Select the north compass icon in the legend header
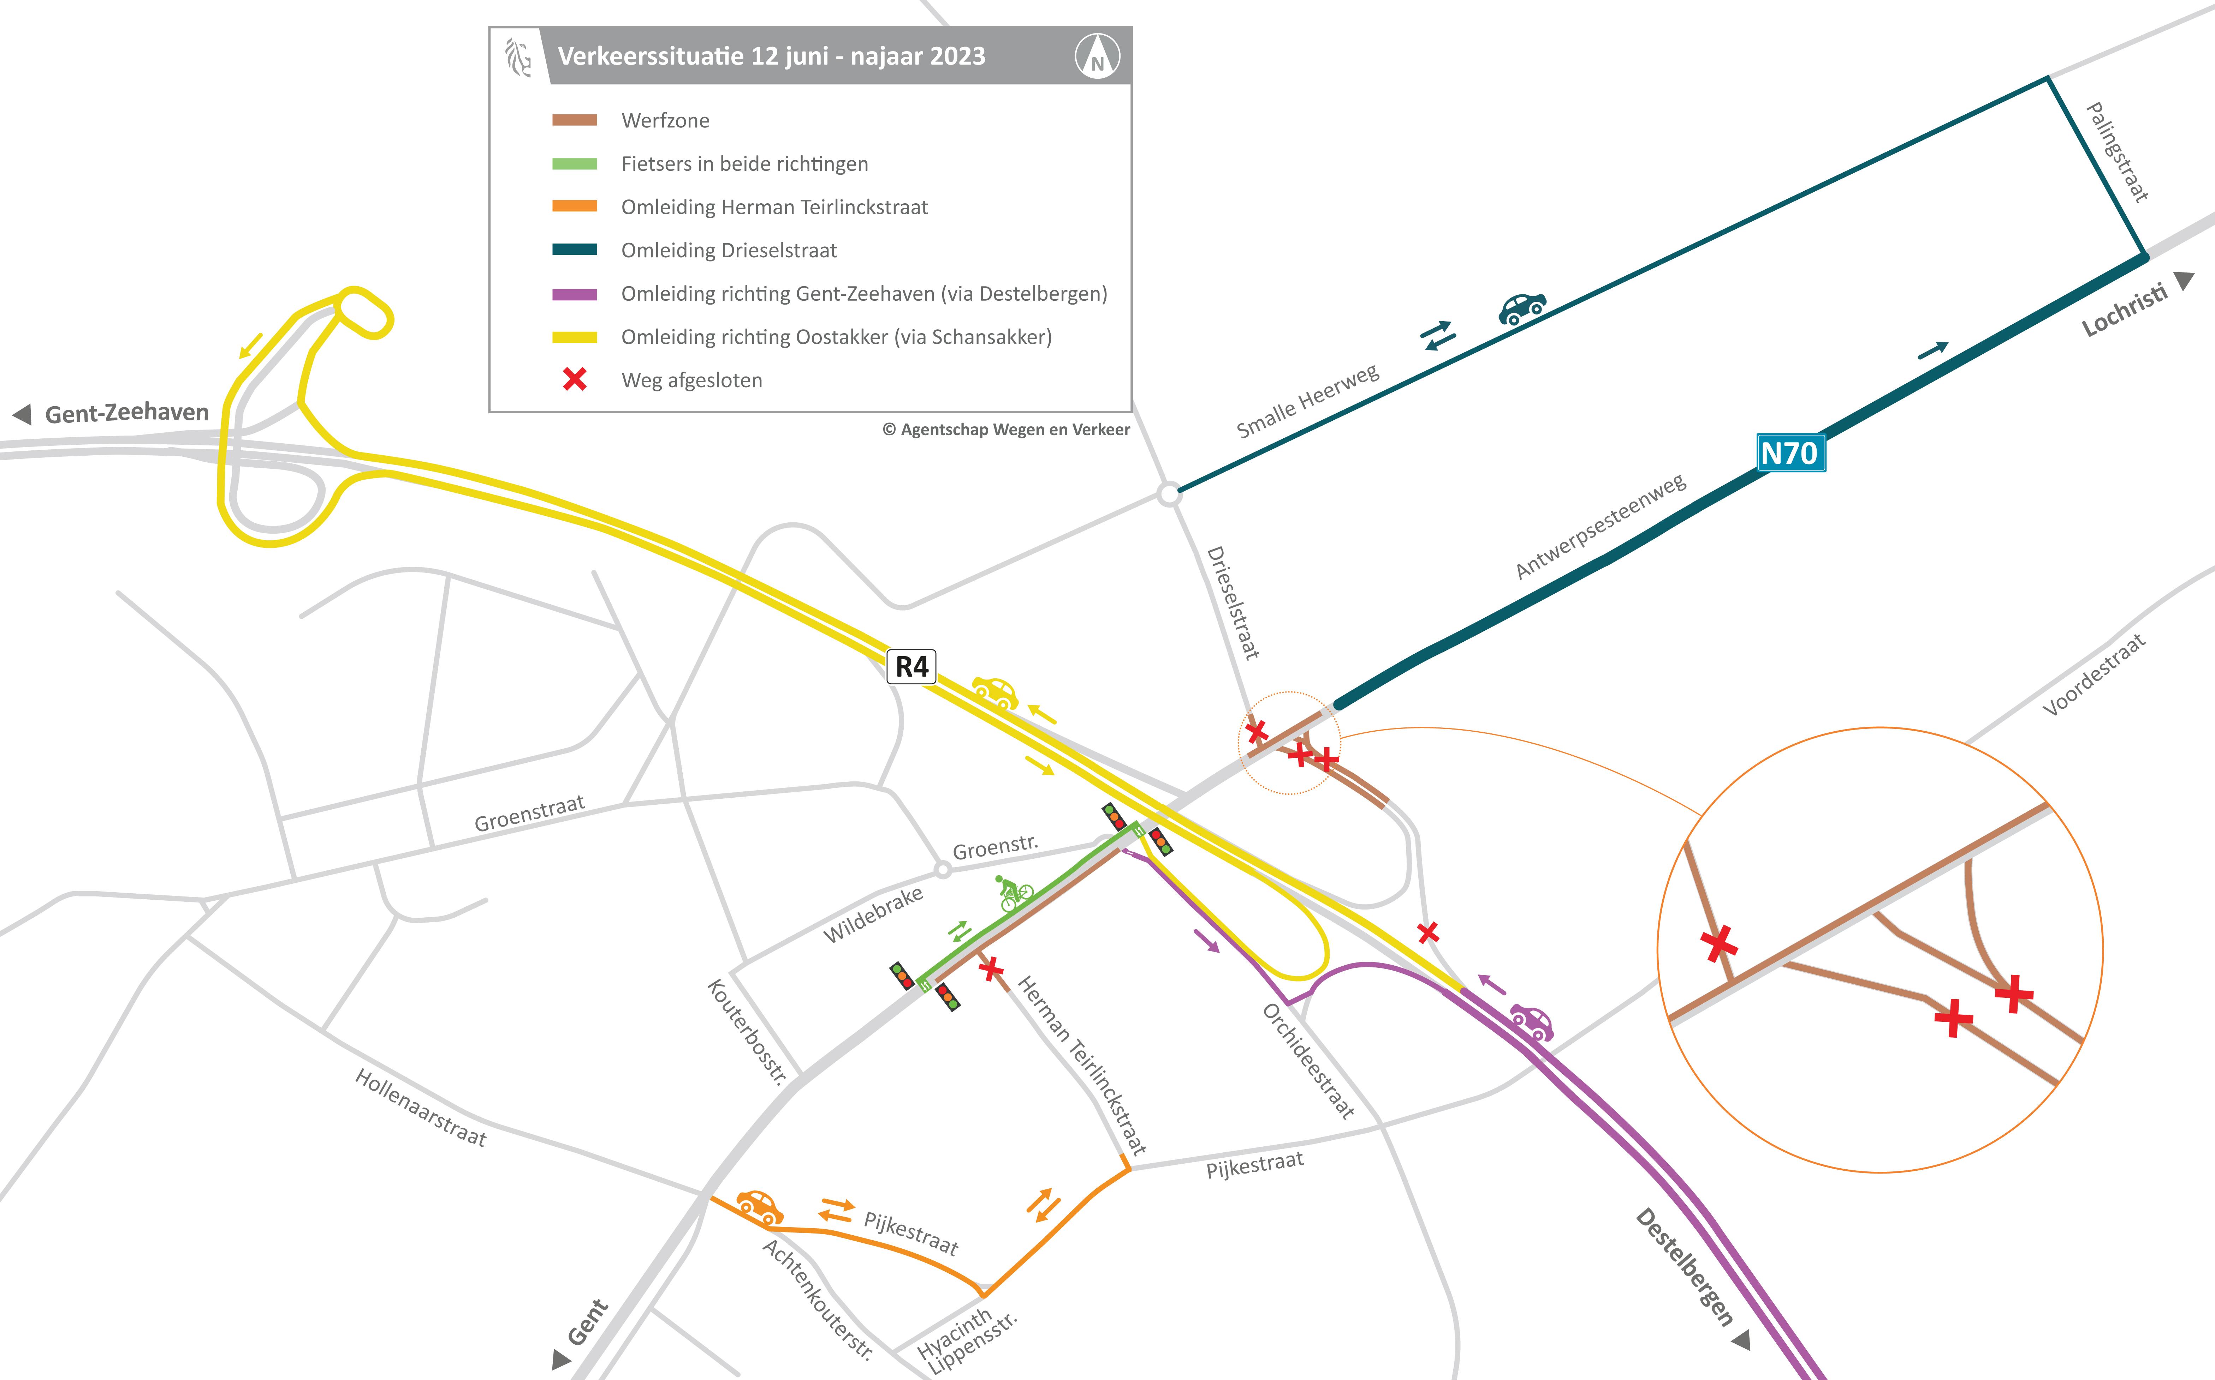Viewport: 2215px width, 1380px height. click(1097, 56)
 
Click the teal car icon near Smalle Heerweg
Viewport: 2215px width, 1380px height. click(1522, 308)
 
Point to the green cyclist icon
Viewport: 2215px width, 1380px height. click(1014, 893)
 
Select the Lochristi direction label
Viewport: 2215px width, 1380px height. click(2125, 310)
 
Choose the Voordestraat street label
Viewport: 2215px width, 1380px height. click(2094, 676)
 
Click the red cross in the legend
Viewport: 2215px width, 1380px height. click(574, 380)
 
